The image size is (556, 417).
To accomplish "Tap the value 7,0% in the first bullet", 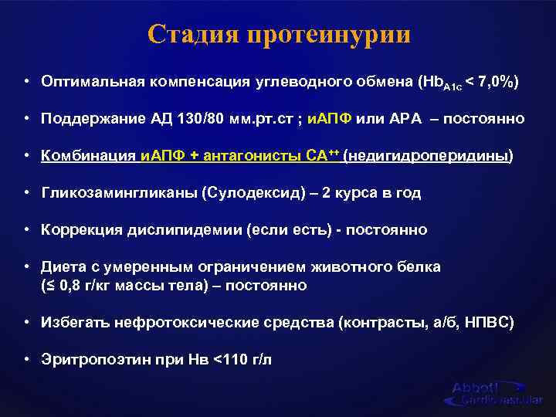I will [487, 82].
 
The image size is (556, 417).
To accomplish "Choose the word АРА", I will [407, 119].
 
